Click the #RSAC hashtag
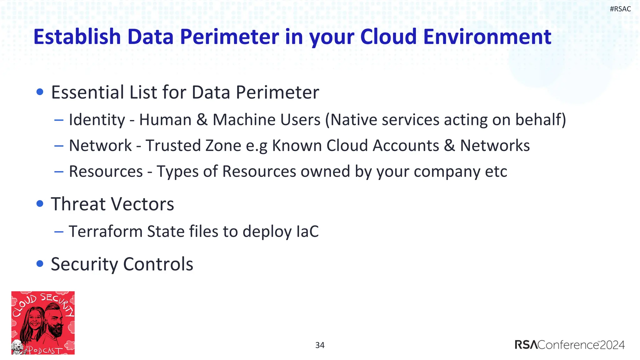[x=620, y=9]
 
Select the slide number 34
[x=320, y=345]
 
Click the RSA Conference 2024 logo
[x=569, y=345]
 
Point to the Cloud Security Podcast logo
[x=43, y=322]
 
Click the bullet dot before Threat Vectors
[x=40, y=204]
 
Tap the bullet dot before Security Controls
[x=40, y=264]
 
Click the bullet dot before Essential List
[x=40, y=92]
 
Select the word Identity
[x=97, y=120]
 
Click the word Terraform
[x=105, y=232]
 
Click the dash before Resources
[x=59, y=172]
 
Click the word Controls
[x=158, y=264]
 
